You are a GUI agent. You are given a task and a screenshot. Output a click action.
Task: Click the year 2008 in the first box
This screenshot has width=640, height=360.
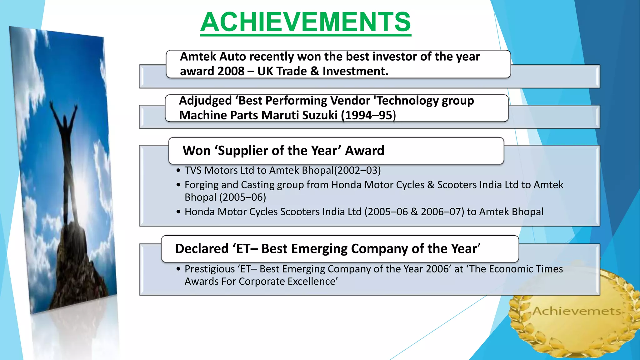pos(231,71)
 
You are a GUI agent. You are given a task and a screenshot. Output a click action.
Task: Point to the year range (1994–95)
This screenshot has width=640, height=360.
pos(368,115)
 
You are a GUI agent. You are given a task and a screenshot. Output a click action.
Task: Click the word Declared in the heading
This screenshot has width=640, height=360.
pos(202,249)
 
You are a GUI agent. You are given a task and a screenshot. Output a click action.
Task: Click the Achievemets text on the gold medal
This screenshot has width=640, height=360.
pos(577,311)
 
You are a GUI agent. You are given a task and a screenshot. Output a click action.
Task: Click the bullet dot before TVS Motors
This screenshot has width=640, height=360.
pos(178,171)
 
